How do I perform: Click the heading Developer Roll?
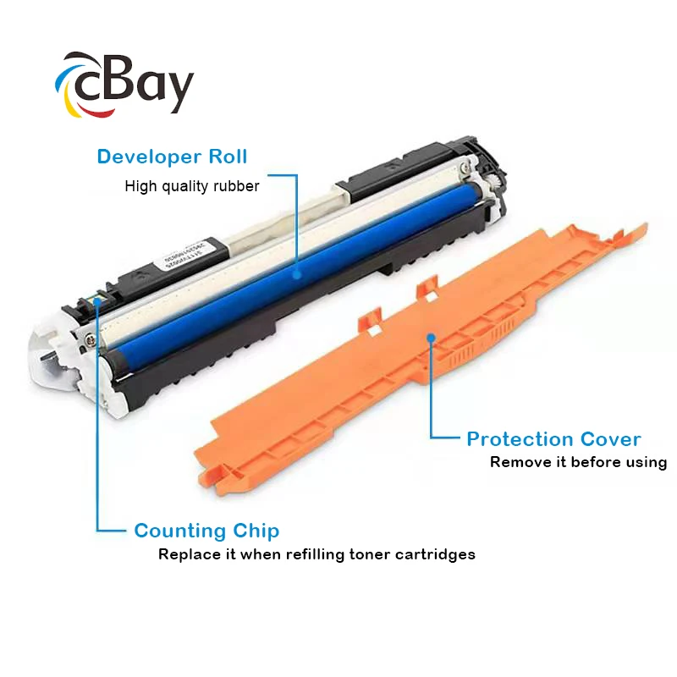point(172,157)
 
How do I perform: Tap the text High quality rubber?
point(191,186)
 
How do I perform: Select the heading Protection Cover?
point(553,439)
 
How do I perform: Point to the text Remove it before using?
point(578,462)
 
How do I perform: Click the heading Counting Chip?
point(206,531)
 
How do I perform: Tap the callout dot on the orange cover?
point(431,337)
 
